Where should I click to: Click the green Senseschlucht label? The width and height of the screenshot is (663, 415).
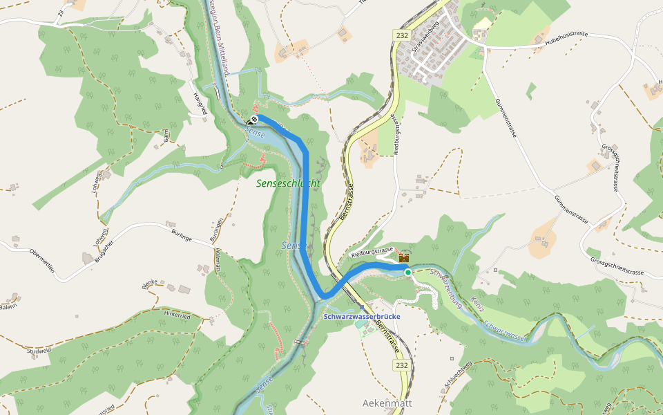click(x=288, y=183)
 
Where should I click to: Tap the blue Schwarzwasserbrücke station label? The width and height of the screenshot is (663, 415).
click(x=362, y=316)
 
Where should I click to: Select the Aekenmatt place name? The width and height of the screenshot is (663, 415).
click(x=387, y=402)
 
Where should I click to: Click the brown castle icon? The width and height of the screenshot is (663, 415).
click(x=404, y=258)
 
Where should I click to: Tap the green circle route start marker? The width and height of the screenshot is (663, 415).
click(x=408, y=273)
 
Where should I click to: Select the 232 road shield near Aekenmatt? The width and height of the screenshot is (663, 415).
click(x=401, y=365)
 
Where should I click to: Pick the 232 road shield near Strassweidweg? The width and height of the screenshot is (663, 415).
click(x=403, y=35)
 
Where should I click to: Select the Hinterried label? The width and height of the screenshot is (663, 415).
click(x=176, y=315)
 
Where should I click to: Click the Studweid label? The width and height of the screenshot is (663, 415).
click(x=39, y=351)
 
